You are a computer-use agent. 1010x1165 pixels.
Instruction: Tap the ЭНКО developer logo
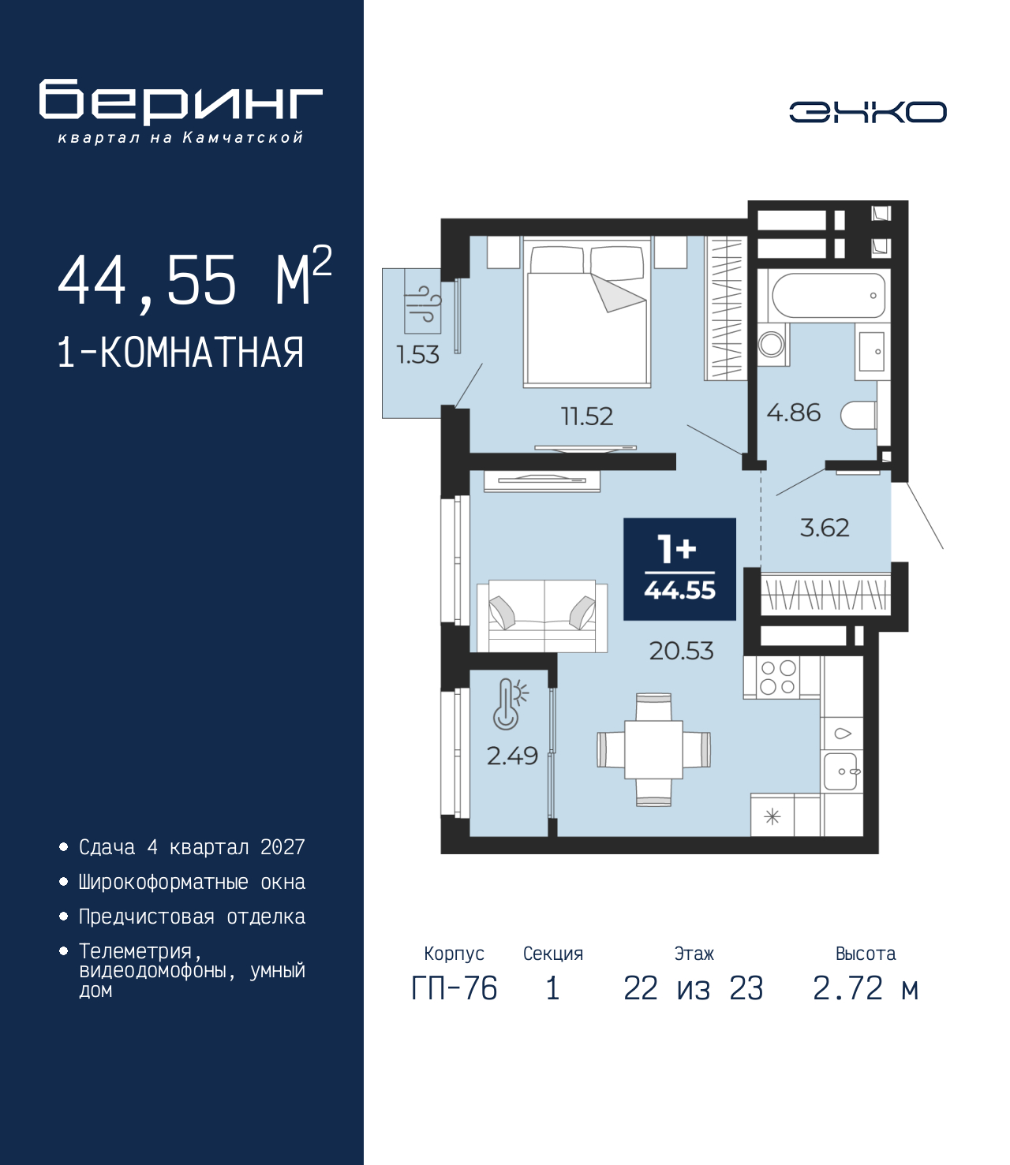(x=867, y=112)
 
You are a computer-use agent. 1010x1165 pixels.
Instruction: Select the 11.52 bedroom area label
(x=586, y=416)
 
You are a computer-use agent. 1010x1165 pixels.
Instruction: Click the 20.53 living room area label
(x=681, y=651)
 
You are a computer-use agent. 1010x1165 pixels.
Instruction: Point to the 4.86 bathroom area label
(x=793, y=413)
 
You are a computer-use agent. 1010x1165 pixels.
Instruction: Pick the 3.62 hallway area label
(x=825, y=528)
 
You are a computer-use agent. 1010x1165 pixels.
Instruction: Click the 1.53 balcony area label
(x=417, y=355)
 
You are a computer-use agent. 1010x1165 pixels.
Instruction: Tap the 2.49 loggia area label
(x=512, y=756)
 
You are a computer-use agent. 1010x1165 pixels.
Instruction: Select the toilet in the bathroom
(x=858, y=416)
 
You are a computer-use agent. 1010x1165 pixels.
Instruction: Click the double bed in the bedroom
(x=587, y=316)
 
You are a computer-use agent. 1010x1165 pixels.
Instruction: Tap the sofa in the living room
(x=542, y=616)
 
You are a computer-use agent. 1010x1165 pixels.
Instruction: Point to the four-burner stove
(x=777, y=678)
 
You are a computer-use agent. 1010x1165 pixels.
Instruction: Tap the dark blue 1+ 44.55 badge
(x=679, y=569)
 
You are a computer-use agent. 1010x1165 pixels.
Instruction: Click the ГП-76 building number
(x=454, y=988)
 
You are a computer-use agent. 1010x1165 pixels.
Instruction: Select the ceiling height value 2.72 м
(x=865, y=988)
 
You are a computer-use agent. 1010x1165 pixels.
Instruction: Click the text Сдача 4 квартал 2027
(x=192, y=847)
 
